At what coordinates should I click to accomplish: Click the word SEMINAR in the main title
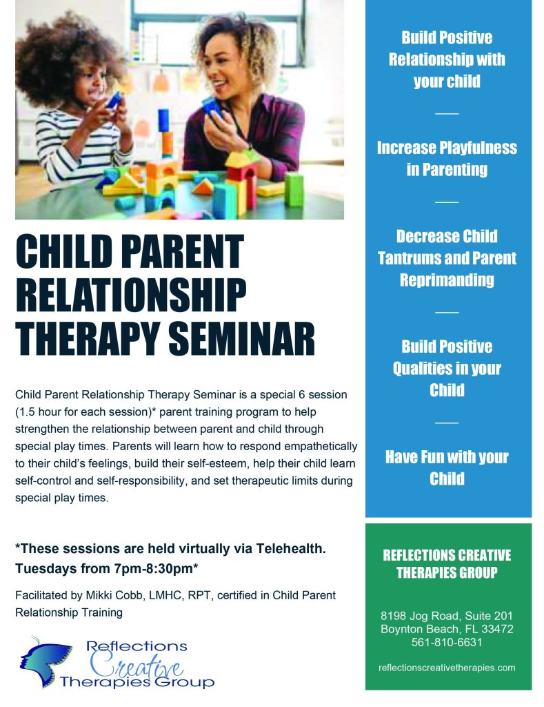click(241, 338)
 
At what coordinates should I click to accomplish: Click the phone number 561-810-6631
click(447, 642)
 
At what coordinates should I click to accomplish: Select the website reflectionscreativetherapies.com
click(447, 668)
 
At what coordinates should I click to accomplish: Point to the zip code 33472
click(497, 629)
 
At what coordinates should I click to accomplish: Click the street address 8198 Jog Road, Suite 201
click(447, 616)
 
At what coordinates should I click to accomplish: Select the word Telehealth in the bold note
click(290, 548)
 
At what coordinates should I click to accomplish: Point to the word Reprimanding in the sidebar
click(447, 280)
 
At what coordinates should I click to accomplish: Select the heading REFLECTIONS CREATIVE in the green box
click(447, 555)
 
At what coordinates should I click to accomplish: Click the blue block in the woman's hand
click(211, 106)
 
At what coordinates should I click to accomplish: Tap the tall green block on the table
click(294, 190)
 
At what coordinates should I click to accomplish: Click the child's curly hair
click(68, 54)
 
